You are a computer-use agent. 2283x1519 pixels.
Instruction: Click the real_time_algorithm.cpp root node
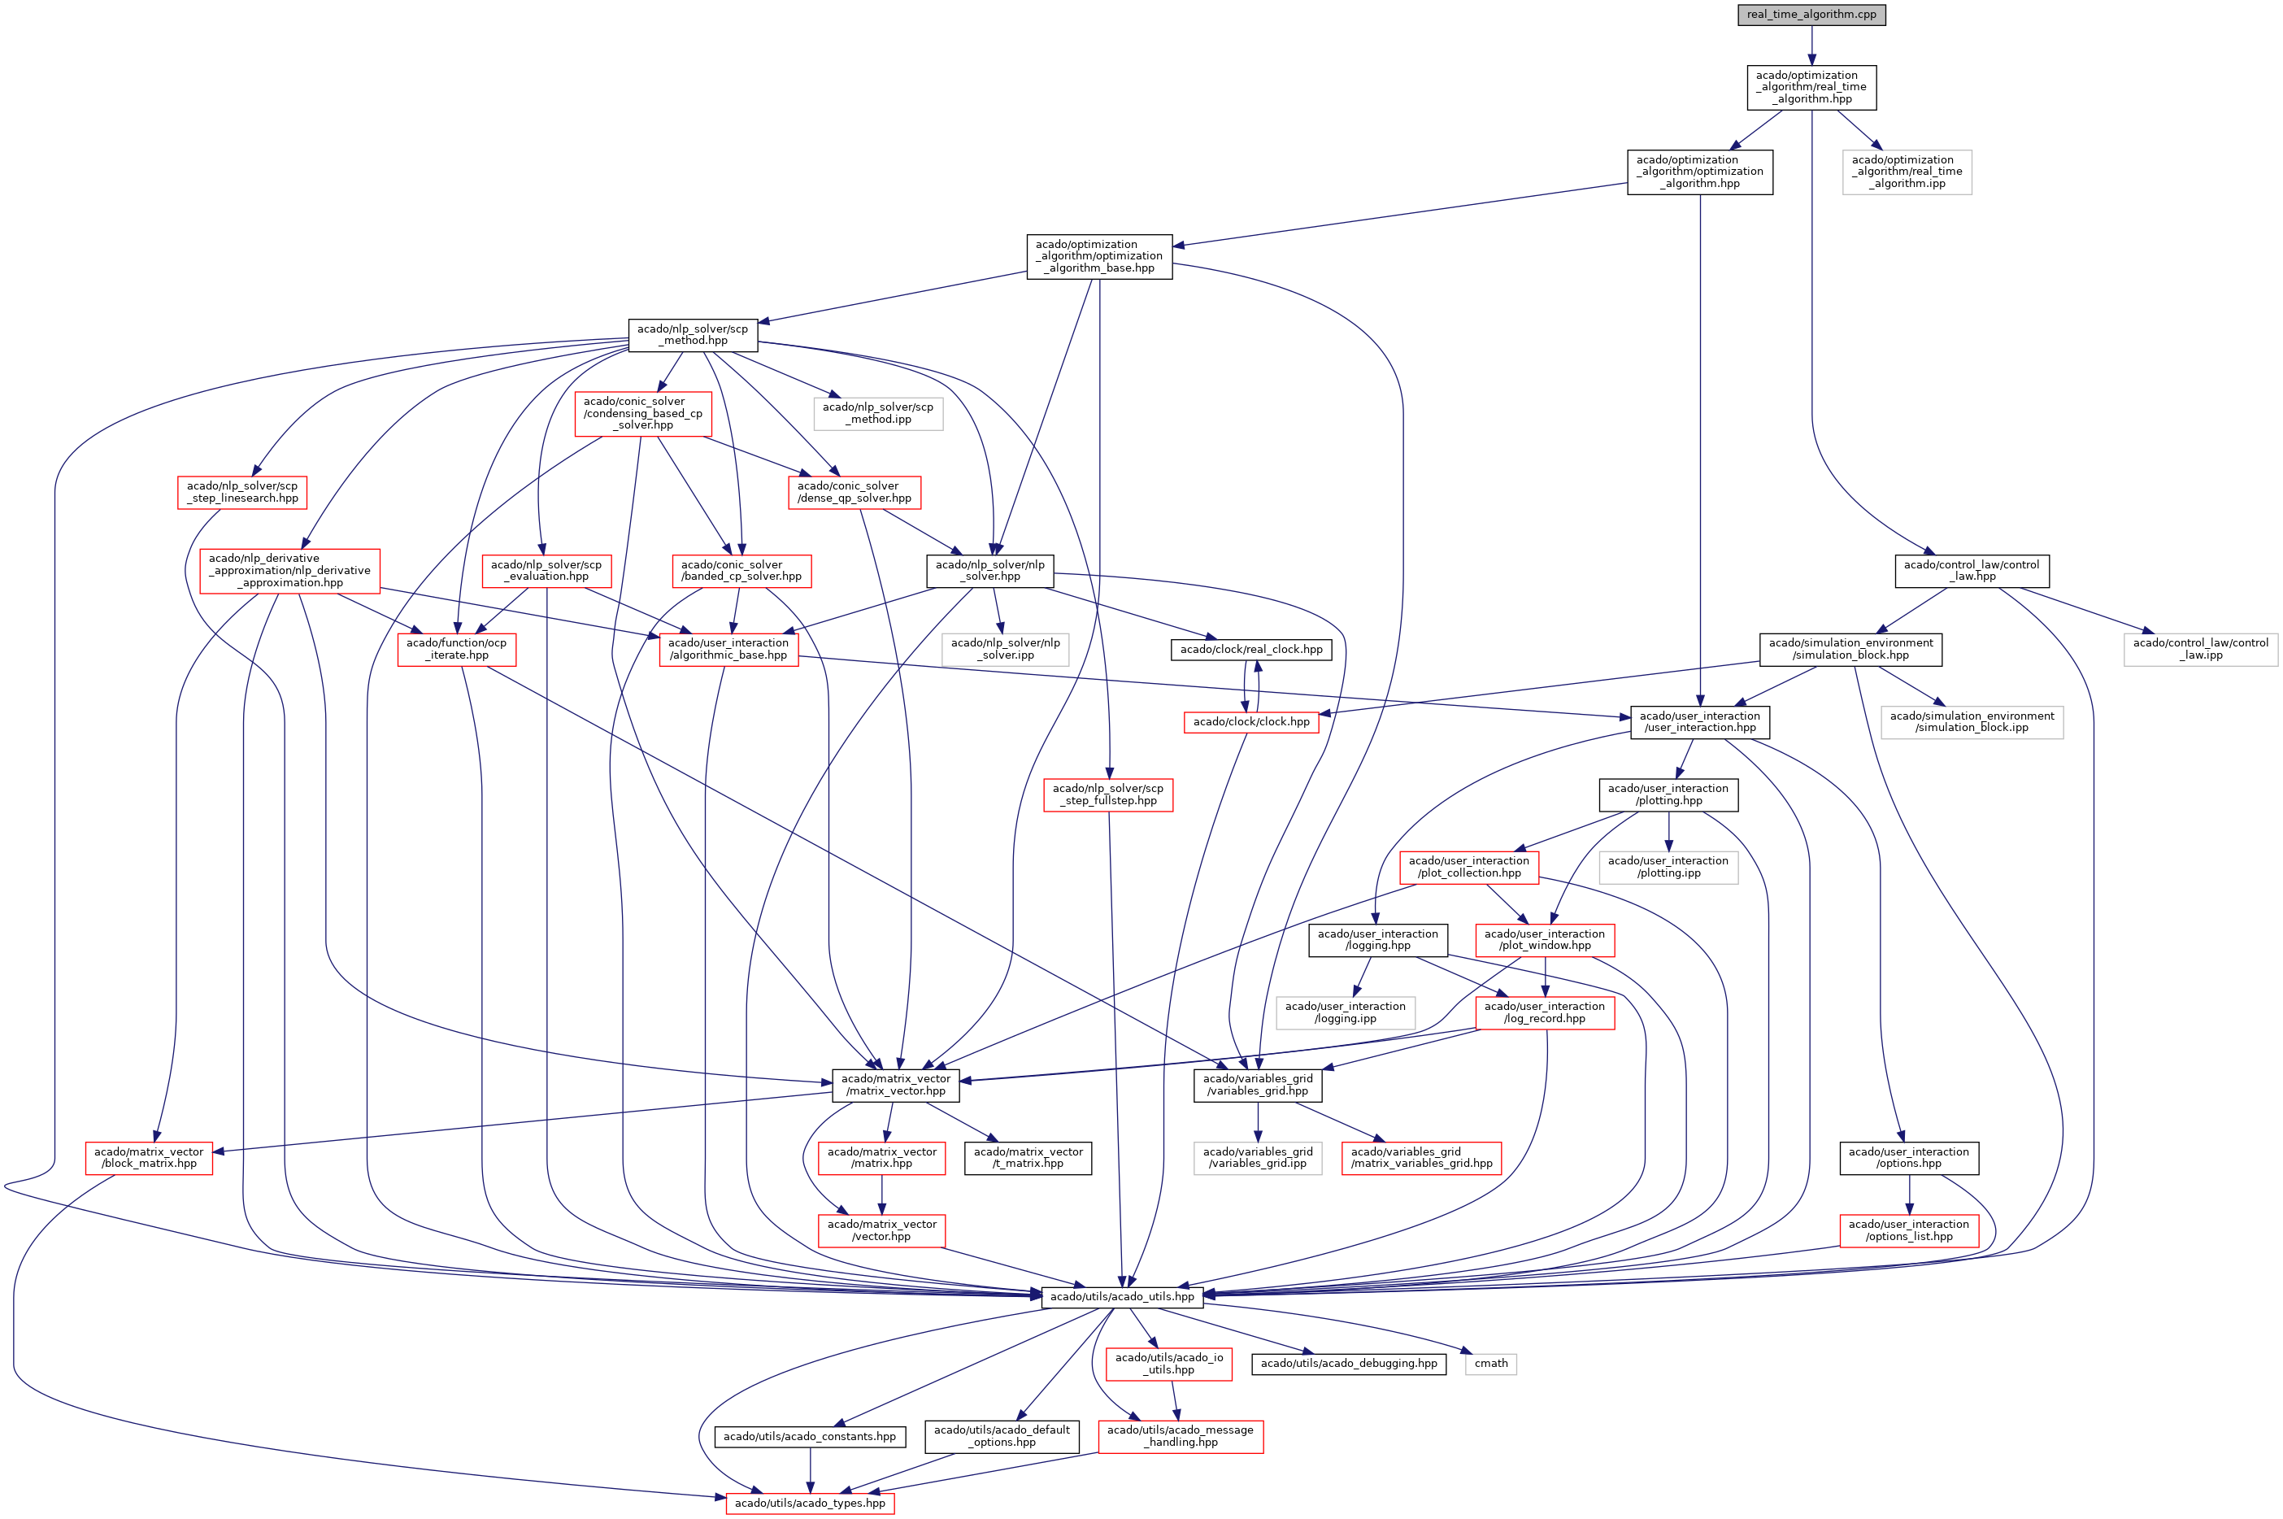tap(1811, 15)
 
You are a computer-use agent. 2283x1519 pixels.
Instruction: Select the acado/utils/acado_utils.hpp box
tap(1122, 1296)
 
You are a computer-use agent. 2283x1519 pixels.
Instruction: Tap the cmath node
tap(1489, 1364)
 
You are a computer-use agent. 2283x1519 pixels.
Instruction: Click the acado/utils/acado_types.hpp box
tap(810, 1504)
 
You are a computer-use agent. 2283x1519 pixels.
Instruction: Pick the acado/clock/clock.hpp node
tap(1250, 722)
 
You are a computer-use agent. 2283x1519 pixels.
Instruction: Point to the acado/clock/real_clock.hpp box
tap(1250, 649)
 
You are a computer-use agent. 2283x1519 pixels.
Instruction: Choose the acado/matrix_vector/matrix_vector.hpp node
tap(895, 1085)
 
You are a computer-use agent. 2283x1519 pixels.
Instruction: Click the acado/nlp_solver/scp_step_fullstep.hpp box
tap(1107, 794)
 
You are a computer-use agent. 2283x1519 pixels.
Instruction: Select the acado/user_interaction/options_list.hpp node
tap(1907, 1230)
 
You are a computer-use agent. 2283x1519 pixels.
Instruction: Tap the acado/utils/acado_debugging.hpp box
tap(1348, 1364)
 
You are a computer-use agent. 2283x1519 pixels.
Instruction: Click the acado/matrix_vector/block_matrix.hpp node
tap(148, 1158)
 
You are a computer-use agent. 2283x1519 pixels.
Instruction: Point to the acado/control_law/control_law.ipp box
tap(2200, 649)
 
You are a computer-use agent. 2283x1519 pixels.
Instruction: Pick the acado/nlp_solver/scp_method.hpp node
tap(692, 334)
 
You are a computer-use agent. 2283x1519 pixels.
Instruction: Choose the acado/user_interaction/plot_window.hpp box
tap(1544, 940)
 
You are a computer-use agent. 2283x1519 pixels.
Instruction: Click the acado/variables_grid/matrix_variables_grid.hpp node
tap(1421, 1158)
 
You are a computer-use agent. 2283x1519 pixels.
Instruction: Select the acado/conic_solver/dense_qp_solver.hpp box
tap(854, 492)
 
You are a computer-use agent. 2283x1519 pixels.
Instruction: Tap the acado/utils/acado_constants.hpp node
tap(809, 1437)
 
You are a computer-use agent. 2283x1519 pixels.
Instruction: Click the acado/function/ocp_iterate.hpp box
tap(456, 649)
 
